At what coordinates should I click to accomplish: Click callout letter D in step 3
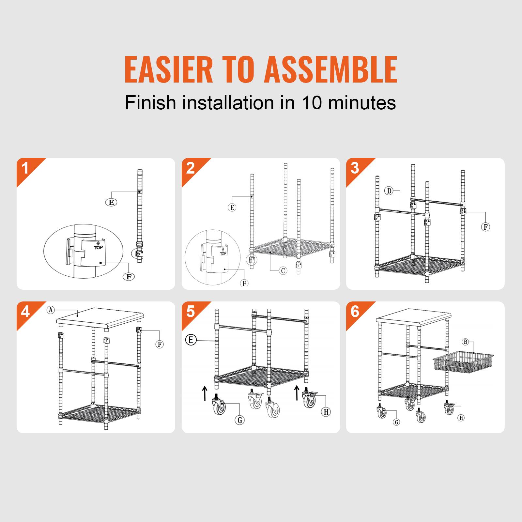click(389, 191)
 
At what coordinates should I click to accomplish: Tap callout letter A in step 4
click(51, 310)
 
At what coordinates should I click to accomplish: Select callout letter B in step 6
click(465, 342)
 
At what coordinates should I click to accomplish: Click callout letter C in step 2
click(283, 270)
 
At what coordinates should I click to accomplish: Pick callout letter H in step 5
click(326, 412)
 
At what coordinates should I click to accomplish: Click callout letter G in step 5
click(240, 420)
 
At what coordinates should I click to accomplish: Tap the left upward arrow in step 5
click(204, 393)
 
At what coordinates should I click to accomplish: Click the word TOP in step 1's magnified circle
click(98, 247)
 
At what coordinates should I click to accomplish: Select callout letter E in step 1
click(111, 202)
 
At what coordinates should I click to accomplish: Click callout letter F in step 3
click(485, 227)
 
